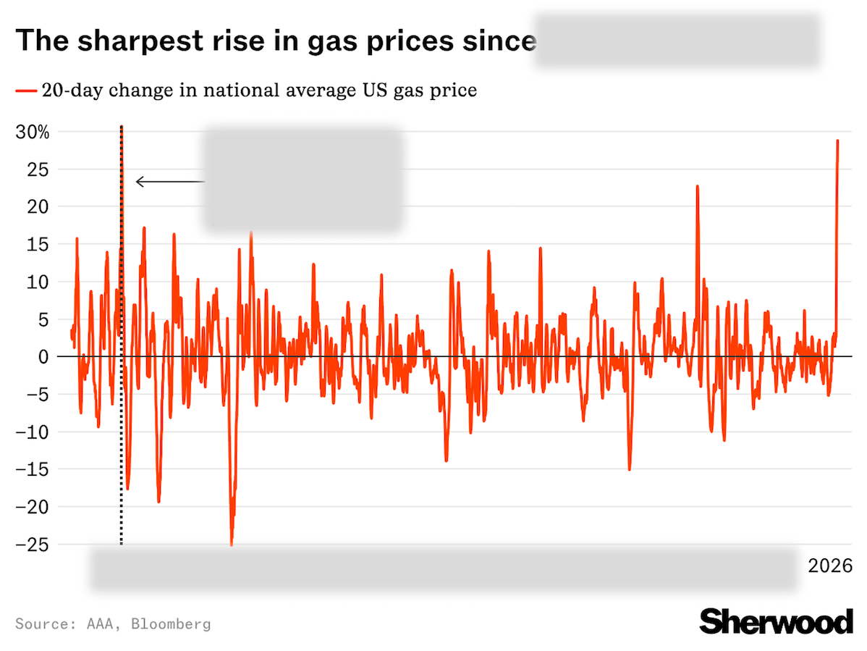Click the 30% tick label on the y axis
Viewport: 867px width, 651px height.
click(x=32, y=133)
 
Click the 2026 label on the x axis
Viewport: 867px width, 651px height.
click(x=830, y=566)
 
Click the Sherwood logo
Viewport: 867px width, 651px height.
click(x=776, y=621)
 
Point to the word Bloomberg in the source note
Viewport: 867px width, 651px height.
click(x=171, y=623)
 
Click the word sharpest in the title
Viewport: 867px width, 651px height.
click(x=138, y=41)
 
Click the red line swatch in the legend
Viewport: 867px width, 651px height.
click(x=25, y=91)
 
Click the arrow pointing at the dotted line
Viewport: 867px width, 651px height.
click(x=170, y=182)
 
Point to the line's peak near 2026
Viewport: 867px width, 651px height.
click(x=837, y=140)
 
